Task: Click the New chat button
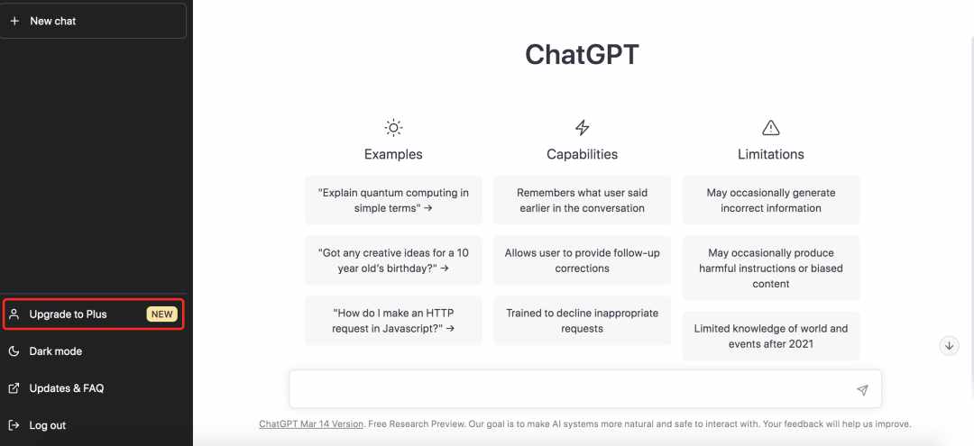point(93,21)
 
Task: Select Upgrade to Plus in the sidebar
point(93,314)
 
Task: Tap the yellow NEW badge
point(162,314)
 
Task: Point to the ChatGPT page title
point(582,55)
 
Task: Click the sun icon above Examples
point(393,128)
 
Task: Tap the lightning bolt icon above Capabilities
point(582,128)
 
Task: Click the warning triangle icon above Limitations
point(771,128)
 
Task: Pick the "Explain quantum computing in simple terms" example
point(393,200)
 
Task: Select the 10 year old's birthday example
point(393,260)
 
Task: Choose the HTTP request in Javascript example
point(393,321)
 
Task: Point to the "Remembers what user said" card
point(582,200)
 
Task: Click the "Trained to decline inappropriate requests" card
point(582,321)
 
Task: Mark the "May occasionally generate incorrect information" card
point(771,200)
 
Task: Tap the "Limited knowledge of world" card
point(771,336)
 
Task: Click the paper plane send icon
point(862,390)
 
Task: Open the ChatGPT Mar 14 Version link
point(311,424)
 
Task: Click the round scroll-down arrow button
point(949,346)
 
